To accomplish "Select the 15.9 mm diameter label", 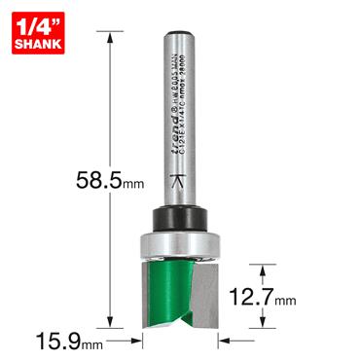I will point(57,342).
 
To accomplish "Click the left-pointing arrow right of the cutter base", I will point(226,342).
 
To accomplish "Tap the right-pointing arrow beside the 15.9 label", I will point(135,342).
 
